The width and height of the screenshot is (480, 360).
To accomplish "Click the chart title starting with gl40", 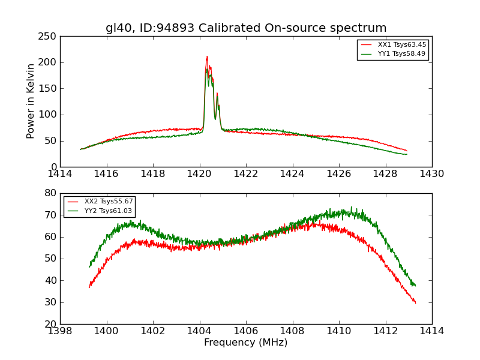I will [x=246, y=28].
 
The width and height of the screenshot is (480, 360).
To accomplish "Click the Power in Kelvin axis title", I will [x=31, y=101].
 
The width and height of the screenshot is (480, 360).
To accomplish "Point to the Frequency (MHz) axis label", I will [x=246, y=343].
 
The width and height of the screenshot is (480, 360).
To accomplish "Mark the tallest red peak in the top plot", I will [x=207, y=57].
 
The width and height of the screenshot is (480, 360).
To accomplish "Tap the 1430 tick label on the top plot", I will [x=431, y=174].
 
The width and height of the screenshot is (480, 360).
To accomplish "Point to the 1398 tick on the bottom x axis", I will [x=60, y=331].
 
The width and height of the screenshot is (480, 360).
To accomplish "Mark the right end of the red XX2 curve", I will [x=415, y=302].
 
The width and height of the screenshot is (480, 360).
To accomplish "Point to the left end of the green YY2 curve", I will [x=89, y=267].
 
